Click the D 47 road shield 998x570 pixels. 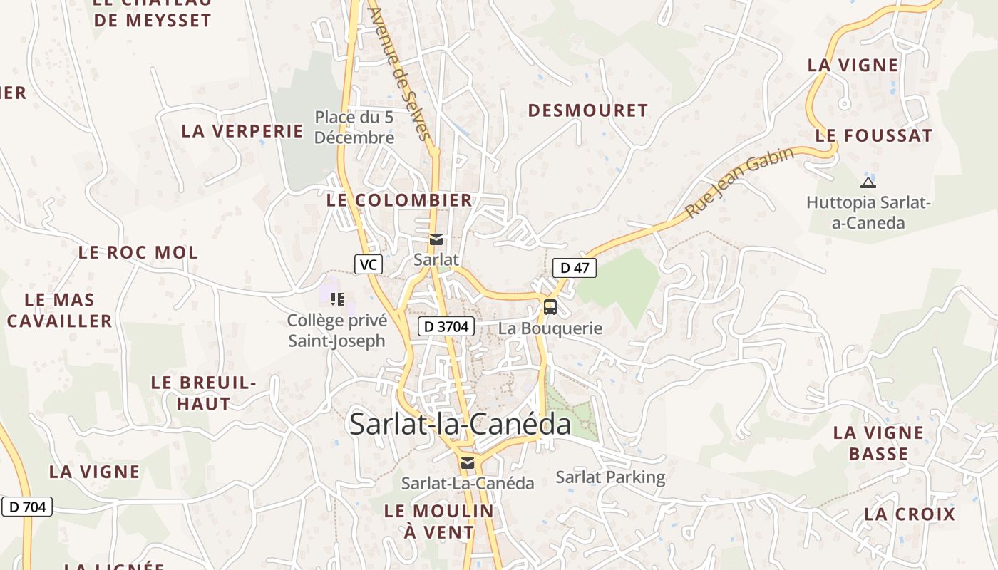[575, 268]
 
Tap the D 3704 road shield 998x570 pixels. [446, 327]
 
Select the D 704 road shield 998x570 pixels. [27, 507]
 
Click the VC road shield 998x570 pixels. [368, 265]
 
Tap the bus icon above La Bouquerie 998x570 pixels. [550, 307]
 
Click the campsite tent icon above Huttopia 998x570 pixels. [868, 182]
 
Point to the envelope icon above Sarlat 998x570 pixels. [436, 239]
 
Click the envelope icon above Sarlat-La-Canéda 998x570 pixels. [467, 463]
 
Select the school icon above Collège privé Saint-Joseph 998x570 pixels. [336, 299]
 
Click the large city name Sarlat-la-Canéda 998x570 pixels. [460, 425]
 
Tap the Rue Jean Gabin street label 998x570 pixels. [740, 182]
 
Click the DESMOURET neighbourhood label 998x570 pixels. [587, 110]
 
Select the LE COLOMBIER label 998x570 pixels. [399, 201]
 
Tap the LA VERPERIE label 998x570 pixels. [242, 131]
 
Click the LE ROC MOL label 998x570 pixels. [138, 252]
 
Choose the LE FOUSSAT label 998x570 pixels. [874, 135]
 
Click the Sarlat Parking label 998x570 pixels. [610, 477]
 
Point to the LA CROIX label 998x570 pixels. [910, 514]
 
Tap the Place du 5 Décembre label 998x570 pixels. [354, 127]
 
